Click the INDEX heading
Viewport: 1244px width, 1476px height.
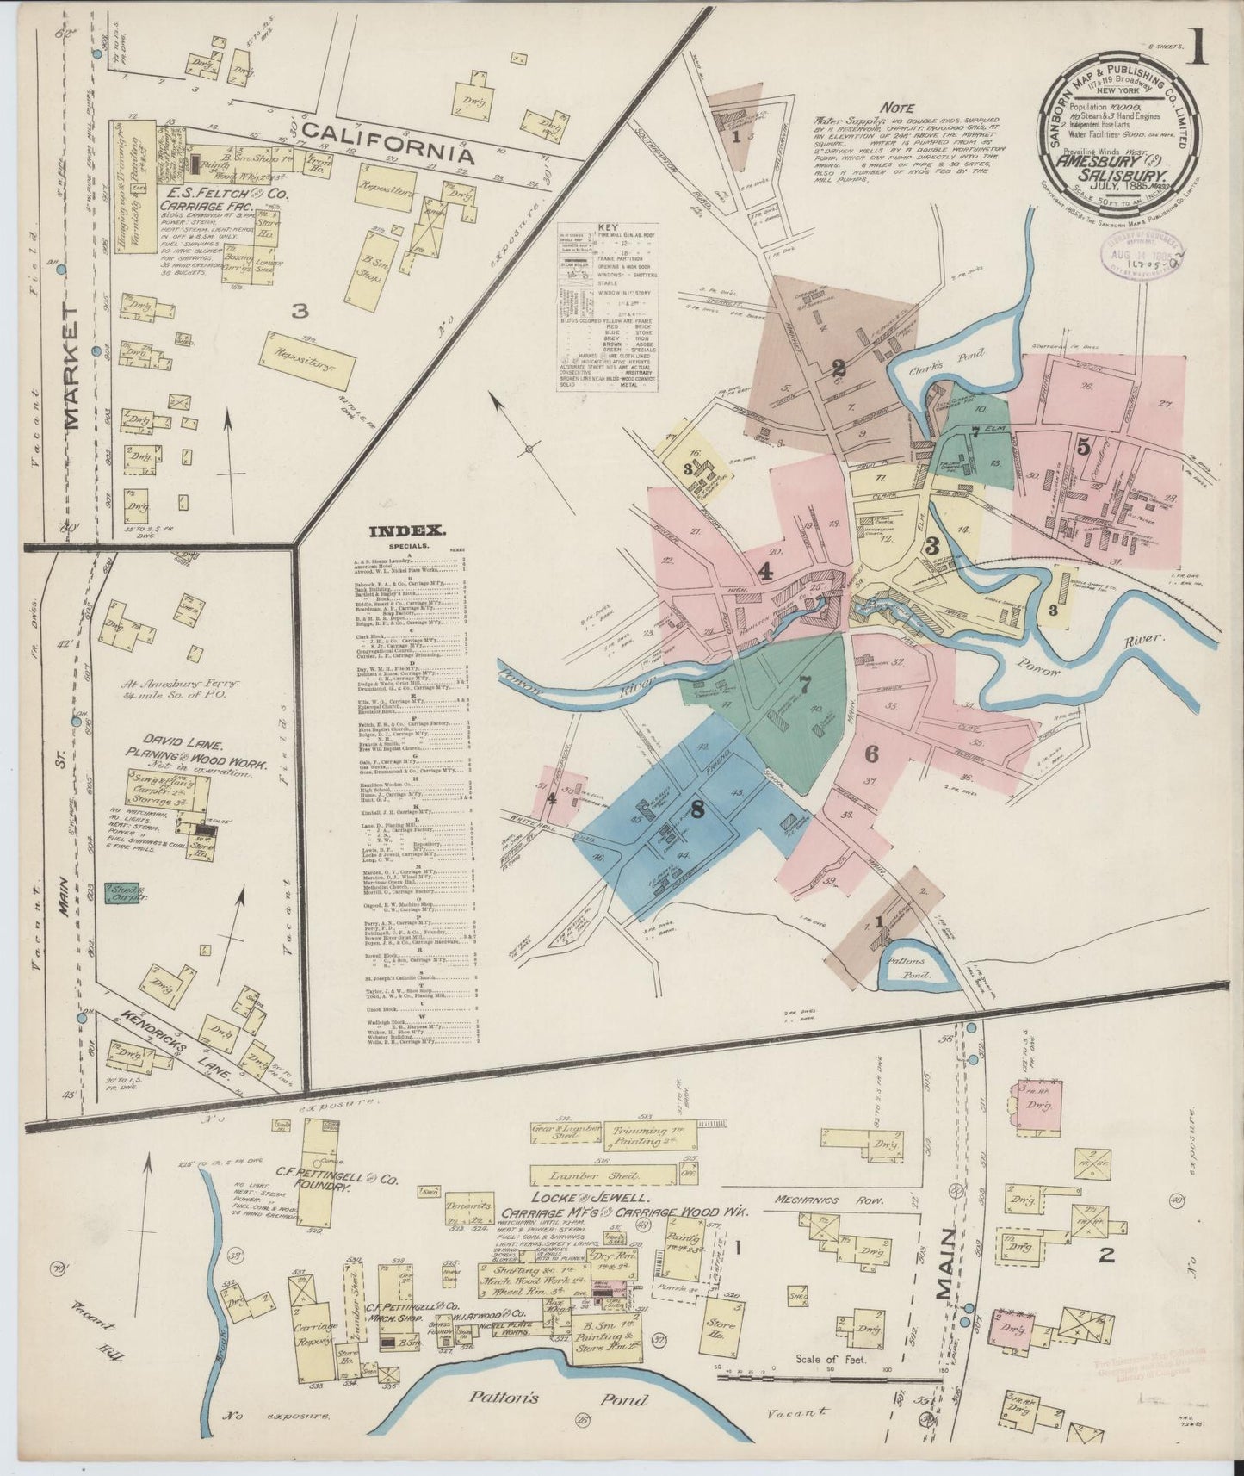pos(406,531)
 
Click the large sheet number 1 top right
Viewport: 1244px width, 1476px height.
pos(1197,48)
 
